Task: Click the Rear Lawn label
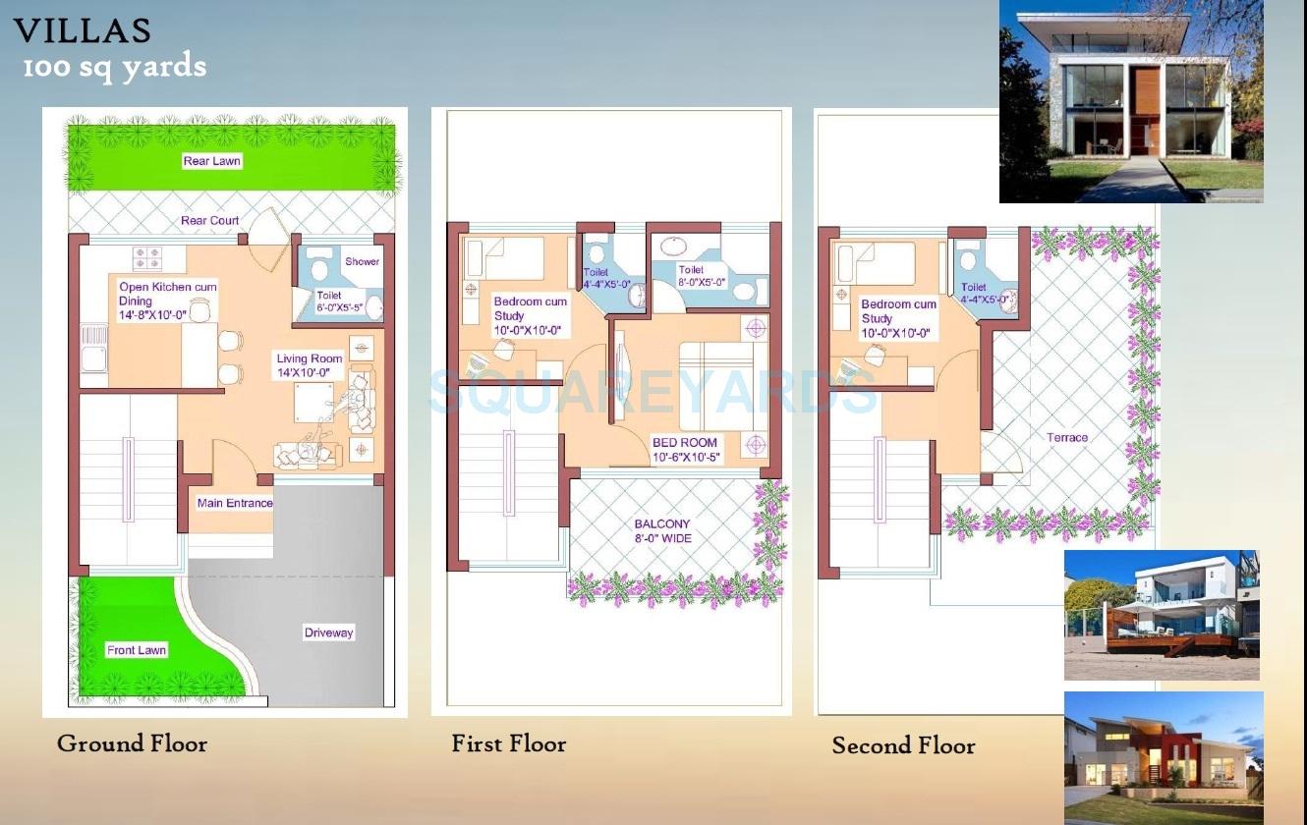211,161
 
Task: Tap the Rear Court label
209,221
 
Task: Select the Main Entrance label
235,503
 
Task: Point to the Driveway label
328,632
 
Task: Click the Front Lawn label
137,650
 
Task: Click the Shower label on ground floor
362,261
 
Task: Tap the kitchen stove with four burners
146,257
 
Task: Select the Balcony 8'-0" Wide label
661,531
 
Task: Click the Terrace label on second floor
1067,437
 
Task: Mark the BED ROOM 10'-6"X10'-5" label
685,450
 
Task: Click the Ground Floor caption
132,743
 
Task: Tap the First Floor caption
508,743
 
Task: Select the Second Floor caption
903,745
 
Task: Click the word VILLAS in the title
83,31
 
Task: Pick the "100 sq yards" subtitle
115,68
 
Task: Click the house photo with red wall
1163,756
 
